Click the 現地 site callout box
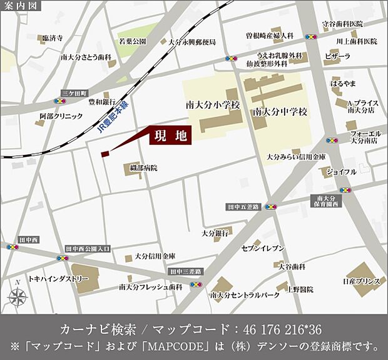[170, 135]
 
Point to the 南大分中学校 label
[281, 112]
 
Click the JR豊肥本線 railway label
[113, 119]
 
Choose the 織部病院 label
[144, 168]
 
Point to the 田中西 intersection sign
[29, 239]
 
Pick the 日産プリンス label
[362, 282]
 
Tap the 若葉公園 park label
[133, 41]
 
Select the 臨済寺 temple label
[53, 39]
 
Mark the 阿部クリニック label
[61, 116]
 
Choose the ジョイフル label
[341, 171]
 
